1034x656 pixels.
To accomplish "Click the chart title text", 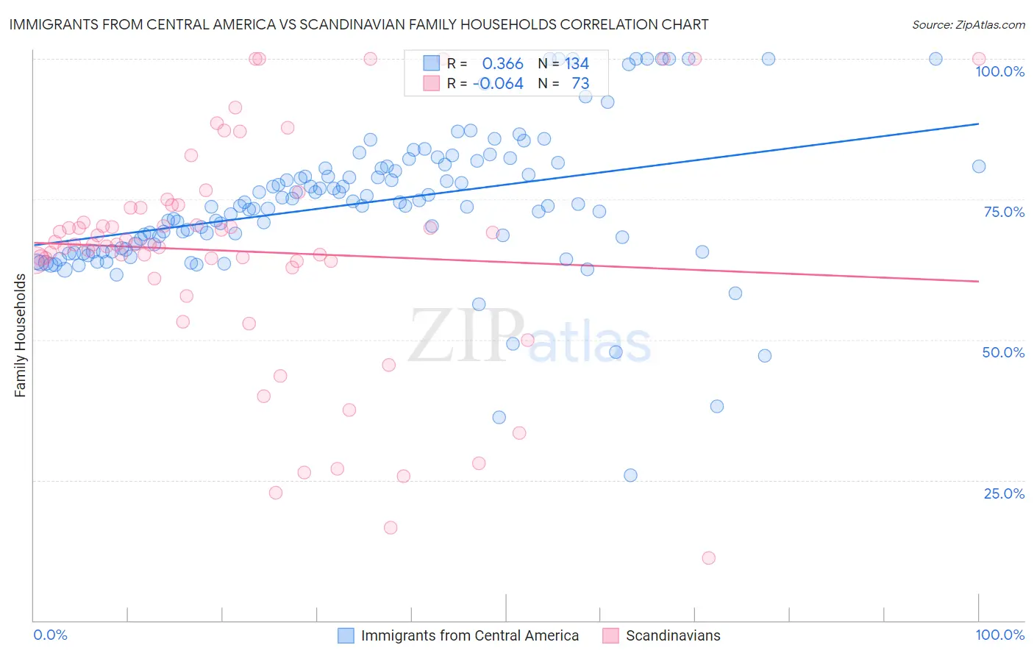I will (359, 24).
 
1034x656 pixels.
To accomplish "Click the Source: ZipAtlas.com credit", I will (968, 24).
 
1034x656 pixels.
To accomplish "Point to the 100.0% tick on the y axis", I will (999, 71).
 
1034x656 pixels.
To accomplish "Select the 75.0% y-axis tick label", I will (1004, 212).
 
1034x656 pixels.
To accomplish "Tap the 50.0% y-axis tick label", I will (1003, 352).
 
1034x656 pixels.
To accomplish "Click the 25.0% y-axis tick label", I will (1004, 493).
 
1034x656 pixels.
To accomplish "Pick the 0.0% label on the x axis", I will (50, 635).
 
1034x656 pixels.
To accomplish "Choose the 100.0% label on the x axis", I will (999, 635).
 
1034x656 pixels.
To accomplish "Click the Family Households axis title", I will (21, 335).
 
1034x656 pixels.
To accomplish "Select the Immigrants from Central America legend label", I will (469, 635).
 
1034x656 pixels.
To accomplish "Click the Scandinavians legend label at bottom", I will (672, 635).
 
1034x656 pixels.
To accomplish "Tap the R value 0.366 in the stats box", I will (502, 64).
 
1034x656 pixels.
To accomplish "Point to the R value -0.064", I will (499, 84).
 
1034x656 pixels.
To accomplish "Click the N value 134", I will (577, 64).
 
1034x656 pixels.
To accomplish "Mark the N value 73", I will (580, 84).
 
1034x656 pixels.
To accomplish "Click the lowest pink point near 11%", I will (708, 558).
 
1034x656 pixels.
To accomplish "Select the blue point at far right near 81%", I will (978, 166).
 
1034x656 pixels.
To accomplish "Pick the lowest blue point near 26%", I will (630, 475).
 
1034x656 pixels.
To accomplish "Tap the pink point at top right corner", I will (978, 59).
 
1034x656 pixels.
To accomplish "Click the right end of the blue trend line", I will (978, 124).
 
